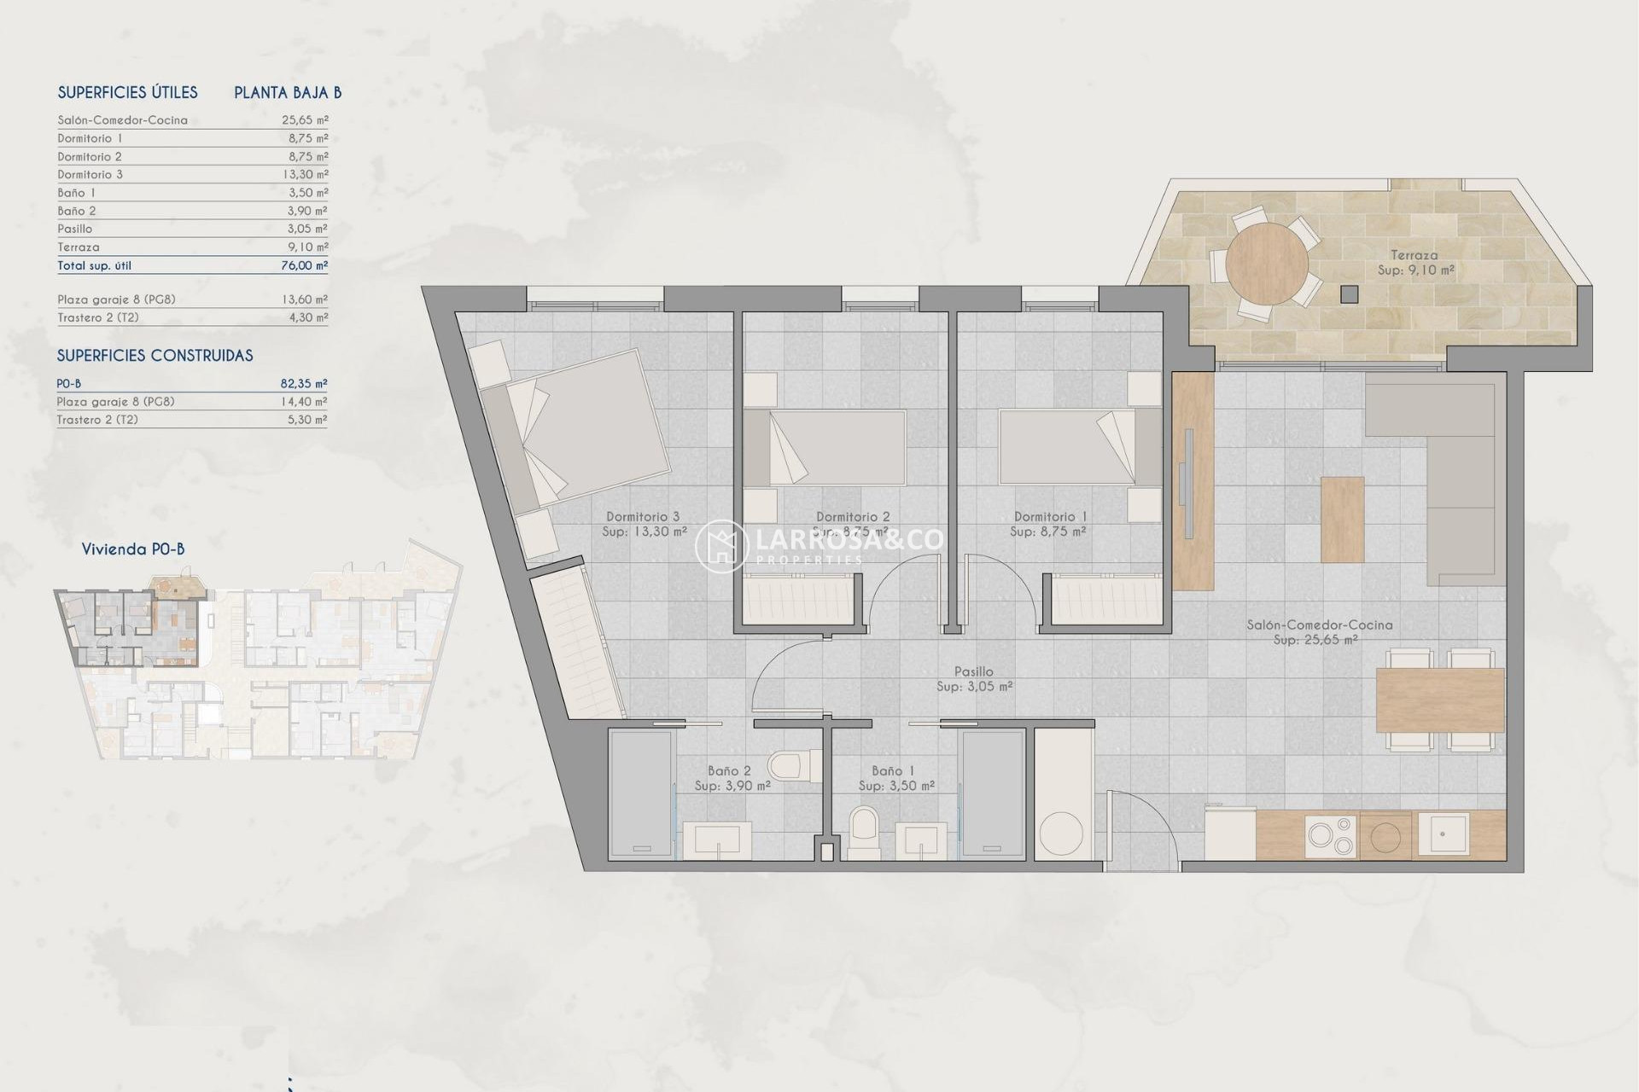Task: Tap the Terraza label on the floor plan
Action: point(1414,255)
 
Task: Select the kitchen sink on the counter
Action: point(1444,833)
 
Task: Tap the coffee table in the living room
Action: point(1342,519)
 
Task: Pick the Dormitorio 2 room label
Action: point(853,517)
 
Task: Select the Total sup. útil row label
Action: point(95,265)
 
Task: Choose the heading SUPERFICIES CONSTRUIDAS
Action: point(155,356)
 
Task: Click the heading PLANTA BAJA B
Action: point(288,93)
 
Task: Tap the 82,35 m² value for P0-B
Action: point(304,384)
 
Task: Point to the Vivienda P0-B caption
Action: point(133,549)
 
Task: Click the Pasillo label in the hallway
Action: point(973,672)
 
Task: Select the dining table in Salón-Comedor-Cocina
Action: point(1439,700)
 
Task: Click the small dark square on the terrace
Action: point(1349,294)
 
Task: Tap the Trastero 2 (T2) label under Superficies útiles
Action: point(98,317)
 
